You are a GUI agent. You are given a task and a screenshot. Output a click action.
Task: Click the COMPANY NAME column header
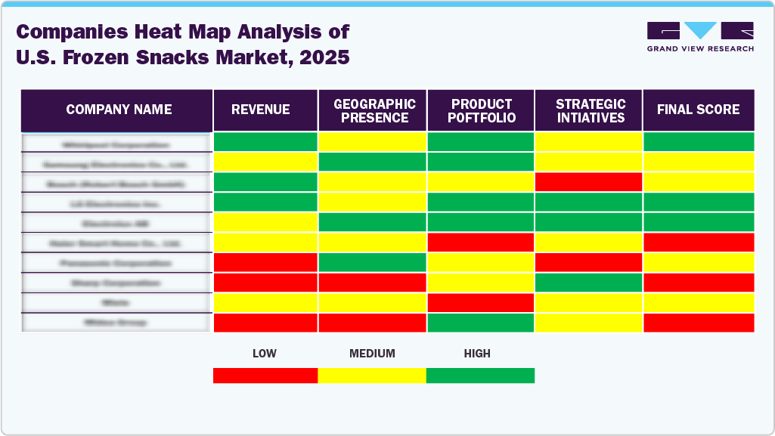click(x=119, y=110)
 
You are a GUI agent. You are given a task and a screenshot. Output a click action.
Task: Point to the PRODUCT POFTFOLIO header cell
click(x=482, y=110)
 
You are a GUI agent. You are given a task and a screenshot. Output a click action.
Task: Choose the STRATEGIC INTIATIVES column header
click(x=590, y=110)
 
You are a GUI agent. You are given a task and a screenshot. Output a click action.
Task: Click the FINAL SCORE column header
click(x=698, y=110)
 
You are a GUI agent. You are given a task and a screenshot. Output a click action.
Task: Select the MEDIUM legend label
click(x=372, y=354)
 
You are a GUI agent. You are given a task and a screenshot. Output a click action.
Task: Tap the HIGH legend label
click(x=477, y=354)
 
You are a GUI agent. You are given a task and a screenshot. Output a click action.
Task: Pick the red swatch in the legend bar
click(x=265, y=376)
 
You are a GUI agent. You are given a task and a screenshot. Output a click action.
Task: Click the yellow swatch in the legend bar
click(x=372, y=376)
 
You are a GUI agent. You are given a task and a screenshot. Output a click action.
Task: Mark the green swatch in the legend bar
click(x=480, y=376)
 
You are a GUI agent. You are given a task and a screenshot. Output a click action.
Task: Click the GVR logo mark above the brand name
click(x=700, y=31)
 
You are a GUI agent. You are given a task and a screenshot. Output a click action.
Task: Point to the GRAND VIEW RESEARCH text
click(x=700, y=49)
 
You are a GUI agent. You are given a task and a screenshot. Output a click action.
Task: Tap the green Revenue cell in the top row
click(x=265, y=141)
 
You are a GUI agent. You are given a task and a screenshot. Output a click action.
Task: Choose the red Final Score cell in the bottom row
click(x=698, y=322)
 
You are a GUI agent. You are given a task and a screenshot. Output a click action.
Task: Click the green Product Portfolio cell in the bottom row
click(x=481, y=322)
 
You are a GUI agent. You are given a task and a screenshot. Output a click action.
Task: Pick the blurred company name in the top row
click(x=116, y=144)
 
